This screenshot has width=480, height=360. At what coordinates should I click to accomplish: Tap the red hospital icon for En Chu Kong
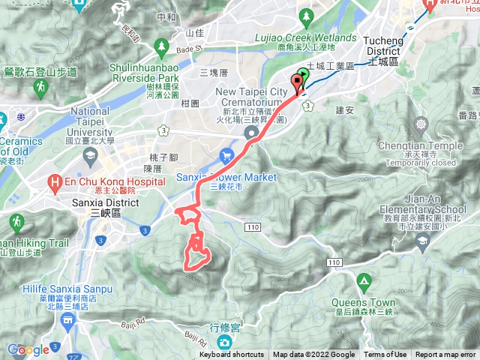coord(55,181)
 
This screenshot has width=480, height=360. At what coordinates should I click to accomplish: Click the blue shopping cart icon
coord(227,156)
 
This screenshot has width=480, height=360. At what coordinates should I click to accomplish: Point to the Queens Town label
coord(364,303)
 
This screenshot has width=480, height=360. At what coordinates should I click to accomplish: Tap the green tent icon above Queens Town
coord(364,283)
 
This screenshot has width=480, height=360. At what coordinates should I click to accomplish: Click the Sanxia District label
coord(110,202)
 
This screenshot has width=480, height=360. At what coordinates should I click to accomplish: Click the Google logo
coord(28,349)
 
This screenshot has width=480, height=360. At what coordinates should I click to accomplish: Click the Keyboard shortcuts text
coord(232,355)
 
